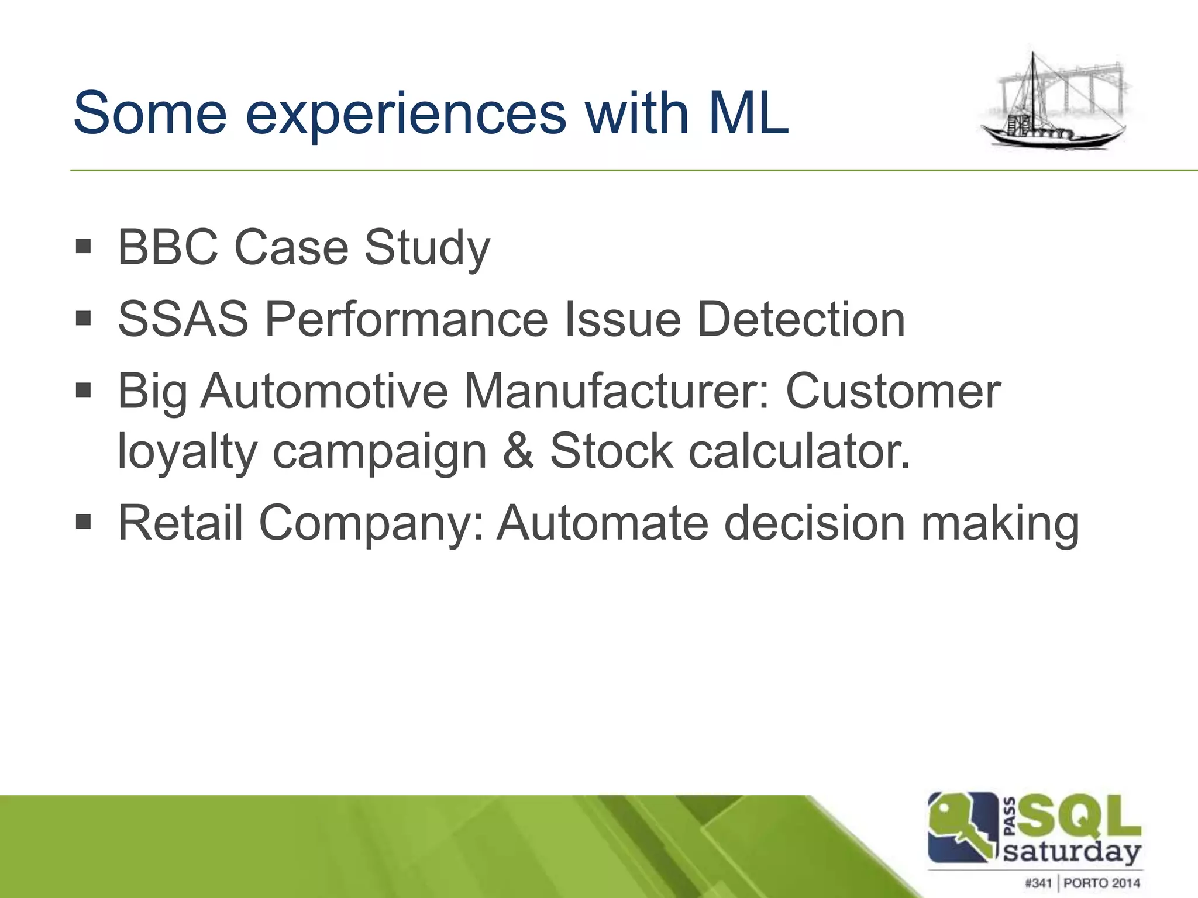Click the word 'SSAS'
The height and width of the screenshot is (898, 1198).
pyautogui.click(x=183, y=319)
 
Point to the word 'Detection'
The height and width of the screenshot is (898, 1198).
pyautogui.click(x=801, y=319)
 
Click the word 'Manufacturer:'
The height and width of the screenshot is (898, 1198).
pyautogui.click(x=617, y=391)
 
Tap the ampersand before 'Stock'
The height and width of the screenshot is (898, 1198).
pyautogui.click(x=518, y=451)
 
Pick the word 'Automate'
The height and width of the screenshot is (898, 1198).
pyautogui.click(x=603, y=523)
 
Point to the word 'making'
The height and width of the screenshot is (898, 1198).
pyautogui.click(x=1000, y=524)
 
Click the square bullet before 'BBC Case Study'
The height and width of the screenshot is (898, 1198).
pyautogui.click(x=84, y=246)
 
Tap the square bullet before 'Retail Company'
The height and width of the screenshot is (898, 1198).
pyautogui.click(x=84, y=521)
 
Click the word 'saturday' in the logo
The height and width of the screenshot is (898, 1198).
pyautogui.click(x=1072, y=852)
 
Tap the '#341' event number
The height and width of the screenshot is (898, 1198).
pyautogui.click(x=1038, y=883)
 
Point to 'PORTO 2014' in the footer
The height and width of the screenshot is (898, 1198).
pyautogui.click(x=1101, y=883)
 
